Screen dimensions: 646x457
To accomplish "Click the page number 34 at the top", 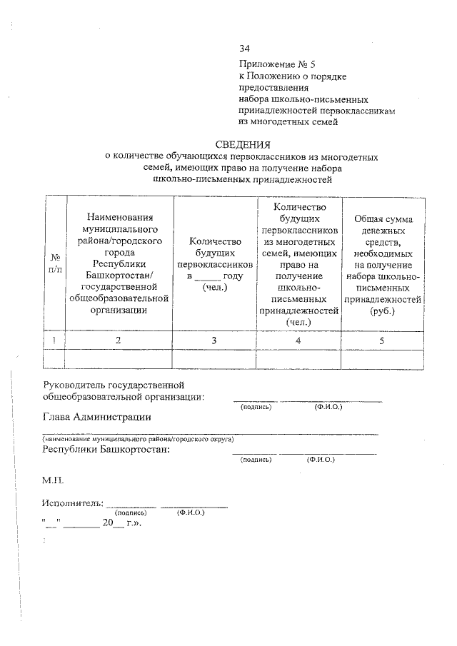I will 245,49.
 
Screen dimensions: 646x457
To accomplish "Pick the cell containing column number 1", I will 54,340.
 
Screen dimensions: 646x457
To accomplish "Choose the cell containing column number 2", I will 119,340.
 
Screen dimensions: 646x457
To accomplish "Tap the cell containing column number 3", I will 214,340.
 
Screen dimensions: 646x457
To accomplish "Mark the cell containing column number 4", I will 299,340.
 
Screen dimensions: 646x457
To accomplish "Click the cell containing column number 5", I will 381,340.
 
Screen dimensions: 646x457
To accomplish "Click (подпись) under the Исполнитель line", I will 131,513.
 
